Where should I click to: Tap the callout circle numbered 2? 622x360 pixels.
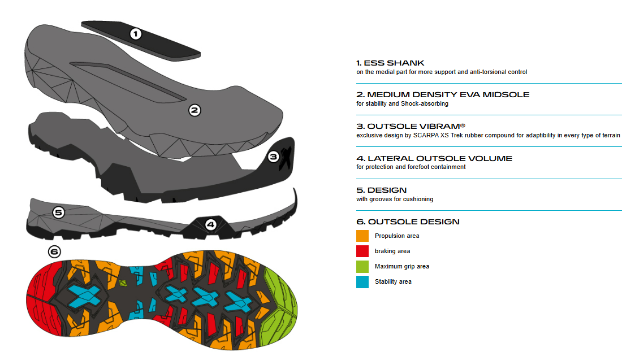[195, 110]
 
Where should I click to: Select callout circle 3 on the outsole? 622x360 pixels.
[274, 157]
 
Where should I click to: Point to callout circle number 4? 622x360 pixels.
[210, 224]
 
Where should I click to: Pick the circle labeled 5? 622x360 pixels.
[59, 212]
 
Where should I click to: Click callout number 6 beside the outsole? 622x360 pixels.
[54, 252]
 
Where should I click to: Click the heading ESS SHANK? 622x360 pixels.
[390, 63]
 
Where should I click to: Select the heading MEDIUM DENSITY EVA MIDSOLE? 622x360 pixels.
[443, 94]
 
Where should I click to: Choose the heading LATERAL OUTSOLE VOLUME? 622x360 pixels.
[434, 158]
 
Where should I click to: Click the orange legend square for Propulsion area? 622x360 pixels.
[362, 236]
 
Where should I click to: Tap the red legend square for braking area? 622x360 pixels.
[362, 251]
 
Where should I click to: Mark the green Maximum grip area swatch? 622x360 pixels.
[362, 266]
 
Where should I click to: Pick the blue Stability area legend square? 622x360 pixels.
[362, 281]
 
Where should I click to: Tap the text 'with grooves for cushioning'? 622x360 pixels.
[395, 199]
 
